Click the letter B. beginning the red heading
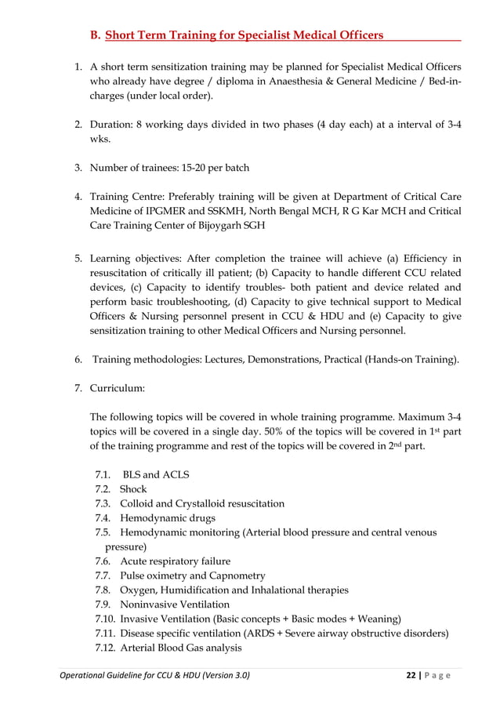[95, 35]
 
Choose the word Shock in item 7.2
[133, 489]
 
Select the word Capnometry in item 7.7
[228, 575]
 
